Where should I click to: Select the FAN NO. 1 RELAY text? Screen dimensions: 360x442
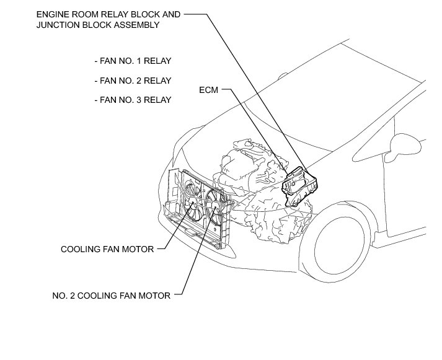click(133, 61)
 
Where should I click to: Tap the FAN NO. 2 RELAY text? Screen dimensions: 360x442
click(133, 81)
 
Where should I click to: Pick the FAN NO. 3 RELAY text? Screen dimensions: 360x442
click(133, 100)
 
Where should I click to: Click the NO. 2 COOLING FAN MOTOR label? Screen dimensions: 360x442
click(112, 296)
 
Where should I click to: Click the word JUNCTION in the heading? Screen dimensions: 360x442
click(58, 25)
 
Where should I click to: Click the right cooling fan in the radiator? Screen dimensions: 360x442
click(214, 204)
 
